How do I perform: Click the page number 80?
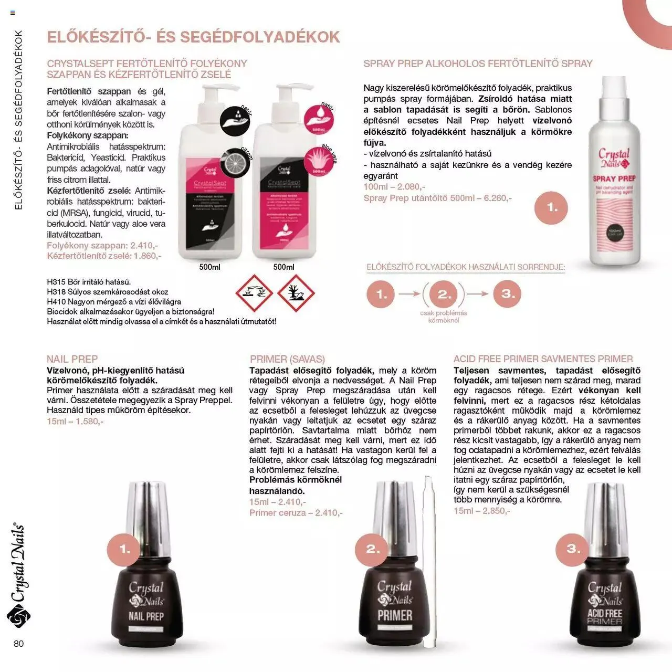pos(19,644)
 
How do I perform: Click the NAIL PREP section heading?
pos(72,359)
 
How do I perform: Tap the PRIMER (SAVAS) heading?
pos(287,359)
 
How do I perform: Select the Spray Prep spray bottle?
pos(615,173)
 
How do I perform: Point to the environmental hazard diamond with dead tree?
pos(296,293)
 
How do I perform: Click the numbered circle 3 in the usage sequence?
pos(508,294)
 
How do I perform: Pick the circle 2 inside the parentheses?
pos(444,295)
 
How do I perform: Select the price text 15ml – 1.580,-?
pos(75,422)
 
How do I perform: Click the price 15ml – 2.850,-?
pos(481,511)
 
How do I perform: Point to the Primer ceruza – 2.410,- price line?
pos(296,513)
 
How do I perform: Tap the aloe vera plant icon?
pos(319,160)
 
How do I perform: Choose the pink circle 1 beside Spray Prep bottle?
pos(552,207)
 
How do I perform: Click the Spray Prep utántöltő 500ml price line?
pos(437,198)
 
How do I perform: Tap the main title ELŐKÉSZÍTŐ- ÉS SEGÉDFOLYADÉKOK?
pos(193,37)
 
